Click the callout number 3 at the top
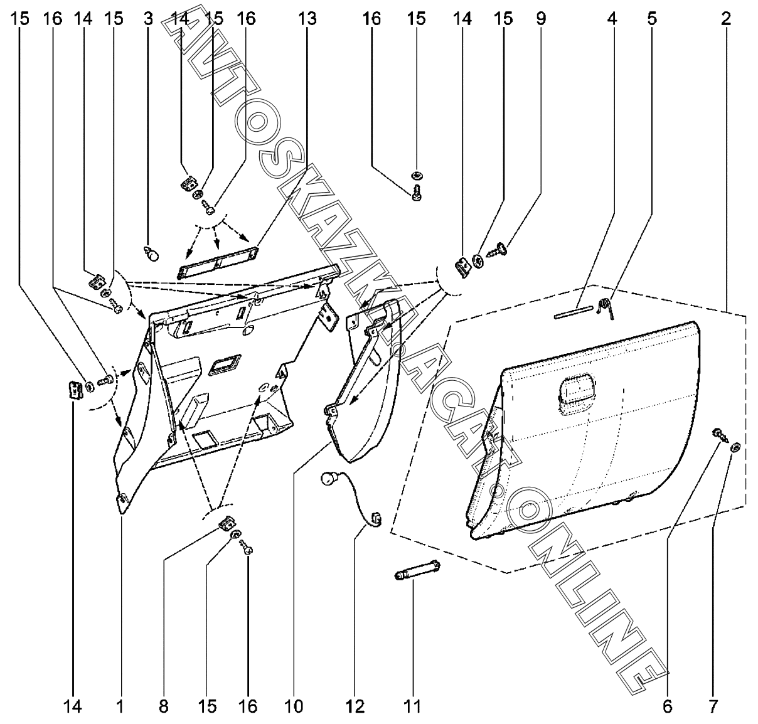[x=148, y=19]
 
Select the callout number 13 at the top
[x=307, y=19]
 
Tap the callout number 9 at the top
[x=541, y=19]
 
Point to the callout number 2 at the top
[x=725, y=19]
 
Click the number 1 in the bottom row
[x=120, y=706]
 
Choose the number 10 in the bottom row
[x=294, y=706]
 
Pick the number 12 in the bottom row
[x=355, y=706]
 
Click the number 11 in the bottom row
[x=412, y=706]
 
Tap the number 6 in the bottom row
[x=667, y=706]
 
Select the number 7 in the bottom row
[x=713, y=706]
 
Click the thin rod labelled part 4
[x=574, y=312]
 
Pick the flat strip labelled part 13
[x=218, y=262]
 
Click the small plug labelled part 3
[x=152, y=253]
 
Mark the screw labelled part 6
[x=720, y=435]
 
